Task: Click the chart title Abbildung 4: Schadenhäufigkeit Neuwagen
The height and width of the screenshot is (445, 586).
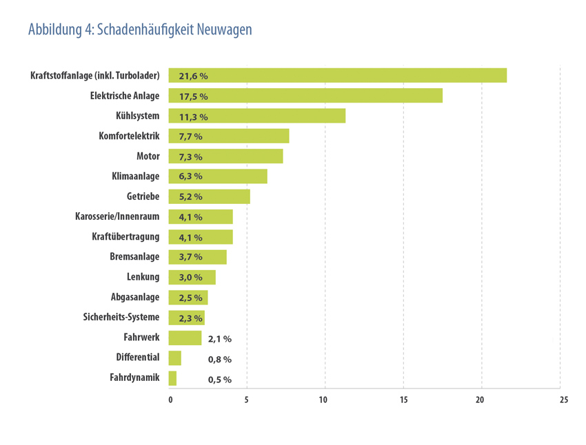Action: [140, 30]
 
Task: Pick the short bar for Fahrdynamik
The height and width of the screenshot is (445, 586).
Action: [172, 378]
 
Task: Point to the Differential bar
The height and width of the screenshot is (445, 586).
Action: [174, 358]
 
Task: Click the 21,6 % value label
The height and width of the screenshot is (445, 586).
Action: [193, 76]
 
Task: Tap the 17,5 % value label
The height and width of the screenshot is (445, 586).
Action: [193, 96]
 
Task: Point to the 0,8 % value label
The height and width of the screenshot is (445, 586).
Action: [220, 359]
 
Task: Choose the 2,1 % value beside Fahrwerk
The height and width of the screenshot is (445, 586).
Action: [220, 339]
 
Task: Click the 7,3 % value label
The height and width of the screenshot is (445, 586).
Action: [190, 156]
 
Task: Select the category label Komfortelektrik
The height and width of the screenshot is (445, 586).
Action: [130, 136]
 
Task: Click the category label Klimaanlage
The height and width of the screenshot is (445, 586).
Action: [135, 176]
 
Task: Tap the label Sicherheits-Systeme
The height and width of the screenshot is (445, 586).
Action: [121, 317]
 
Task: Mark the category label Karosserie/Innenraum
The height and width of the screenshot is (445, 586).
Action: [117, 216]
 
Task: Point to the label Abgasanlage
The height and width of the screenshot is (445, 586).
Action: [135, 297]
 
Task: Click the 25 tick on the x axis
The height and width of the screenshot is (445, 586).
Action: [564, 400]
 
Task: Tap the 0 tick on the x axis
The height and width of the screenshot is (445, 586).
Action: [170, 400]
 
